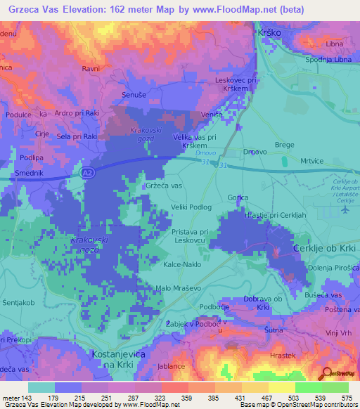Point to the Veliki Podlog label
click(x=191, y=207)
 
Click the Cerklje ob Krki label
click(x=325, y=250)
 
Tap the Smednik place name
click(x=28, y=172)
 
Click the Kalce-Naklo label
click(x=183, y=264)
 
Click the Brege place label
click(x=284, y=144)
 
